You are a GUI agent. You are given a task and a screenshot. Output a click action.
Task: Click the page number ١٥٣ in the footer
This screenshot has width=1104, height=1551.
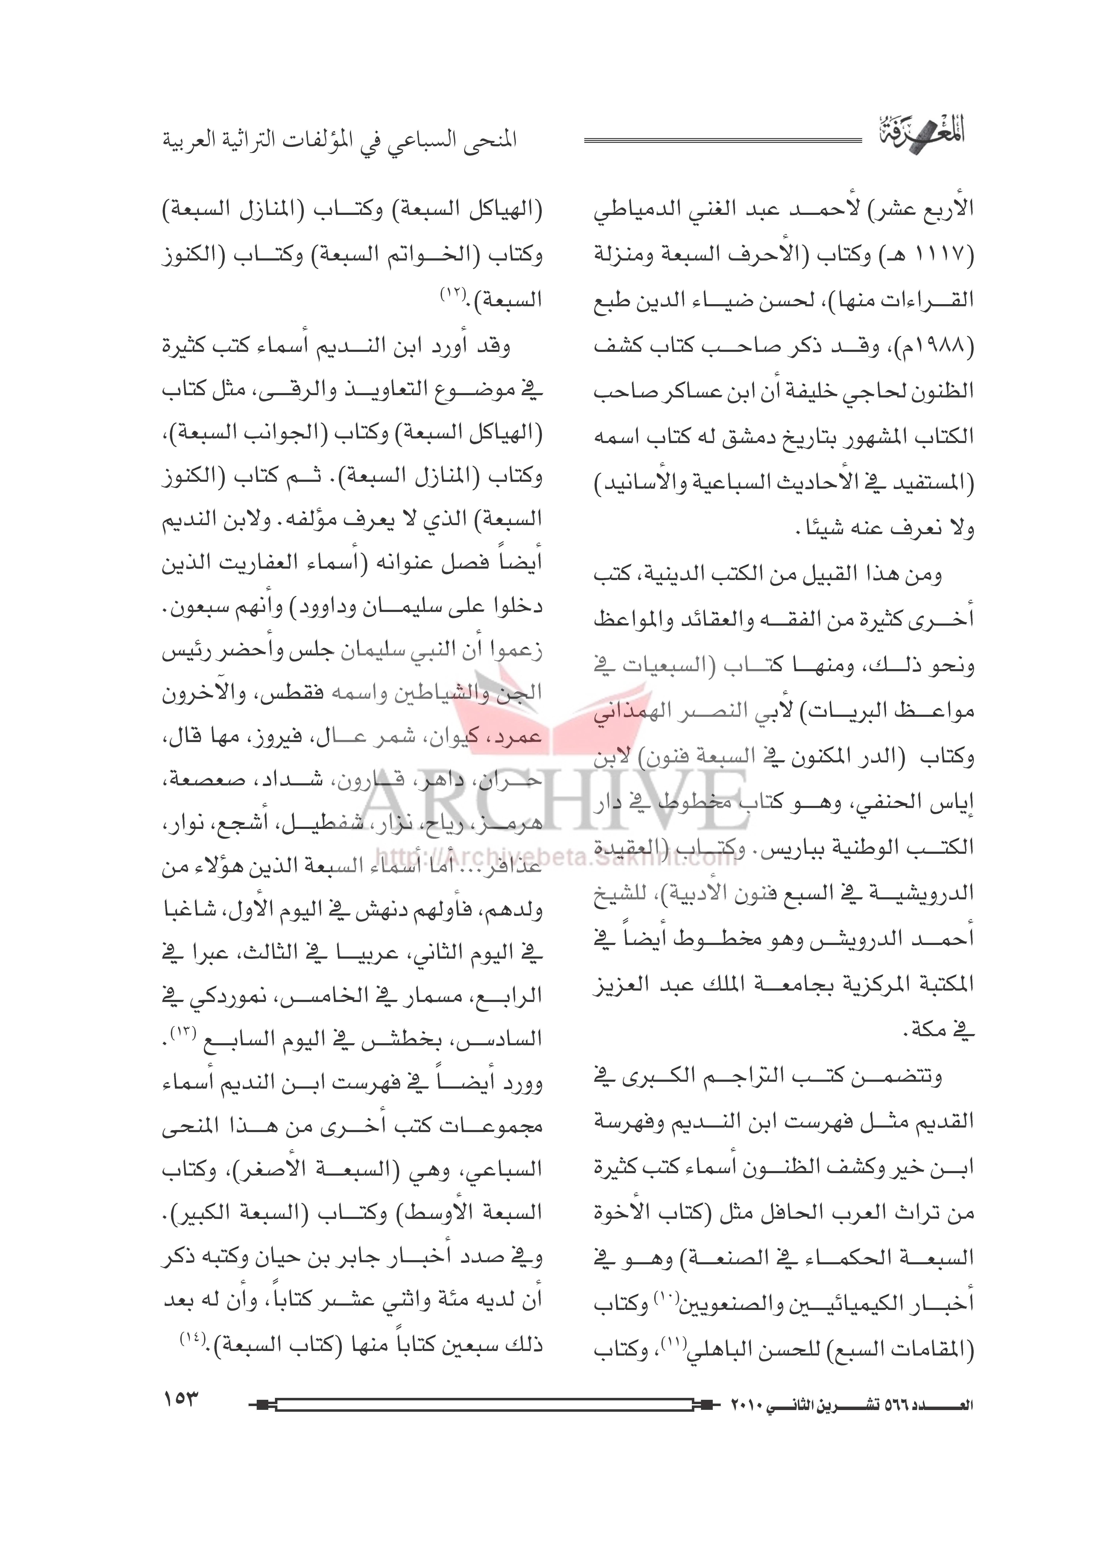(180, 1399)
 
